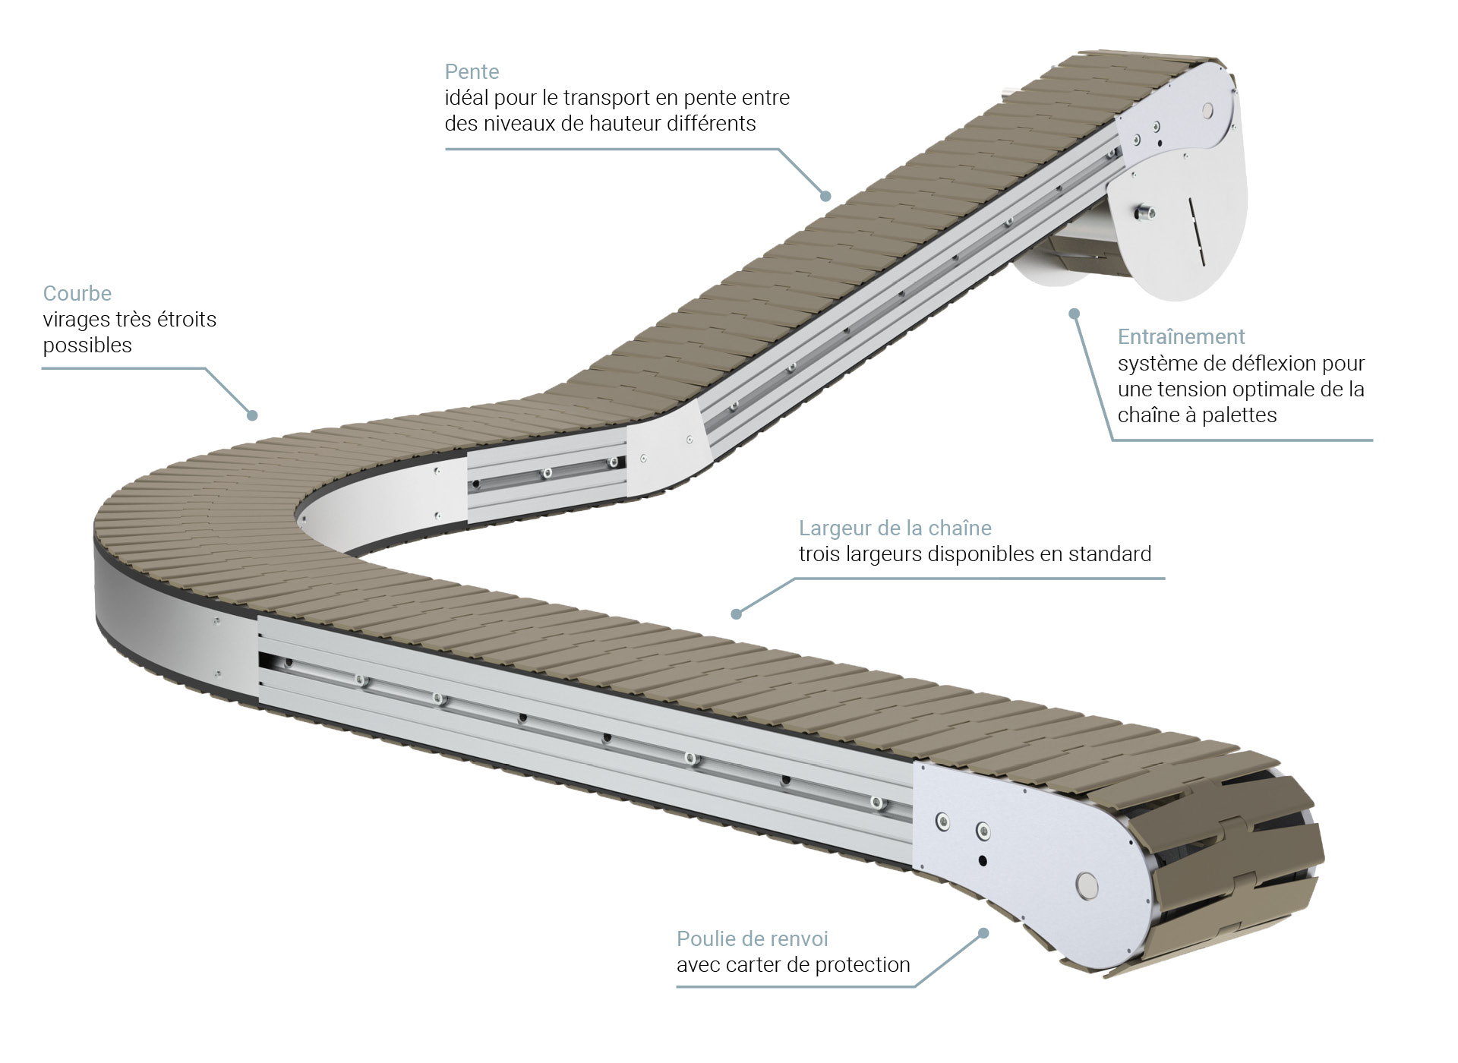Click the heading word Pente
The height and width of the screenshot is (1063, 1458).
pyautogui.click(x=472, y=72)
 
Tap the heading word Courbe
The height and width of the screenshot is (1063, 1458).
pyautogui.click(x=77, y=293)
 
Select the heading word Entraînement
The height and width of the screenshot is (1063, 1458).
pyautogui.click(x=1182, y=336)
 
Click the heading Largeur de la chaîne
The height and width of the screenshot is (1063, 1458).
pyautogui.click(x=895, y=528)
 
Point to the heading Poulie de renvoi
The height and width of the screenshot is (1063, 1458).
pyautogui.click(x=753, y=938)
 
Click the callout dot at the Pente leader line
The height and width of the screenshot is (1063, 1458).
pyautogui.click(x=825, y=196)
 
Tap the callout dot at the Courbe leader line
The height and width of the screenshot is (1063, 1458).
pyautogui.click(x=253, y=415)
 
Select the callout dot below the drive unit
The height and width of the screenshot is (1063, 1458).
pyautogui.click(x=1074, y=313)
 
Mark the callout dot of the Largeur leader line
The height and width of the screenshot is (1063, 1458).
pyautogui.click(x=735, y=614)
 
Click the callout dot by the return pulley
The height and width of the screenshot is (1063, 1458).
pyautogui.click(x=984, y=932)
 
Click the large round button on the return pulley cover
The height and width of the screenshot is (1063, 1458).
pyautogui.click(x=1087, y=885)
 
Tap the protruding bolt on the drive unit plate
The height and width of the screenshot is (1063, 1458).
pyautogui.click(x=1144, y=213)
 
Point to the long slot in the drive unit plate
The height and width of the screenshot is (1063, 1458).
pyautogui.click(x=1196, y=232)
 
